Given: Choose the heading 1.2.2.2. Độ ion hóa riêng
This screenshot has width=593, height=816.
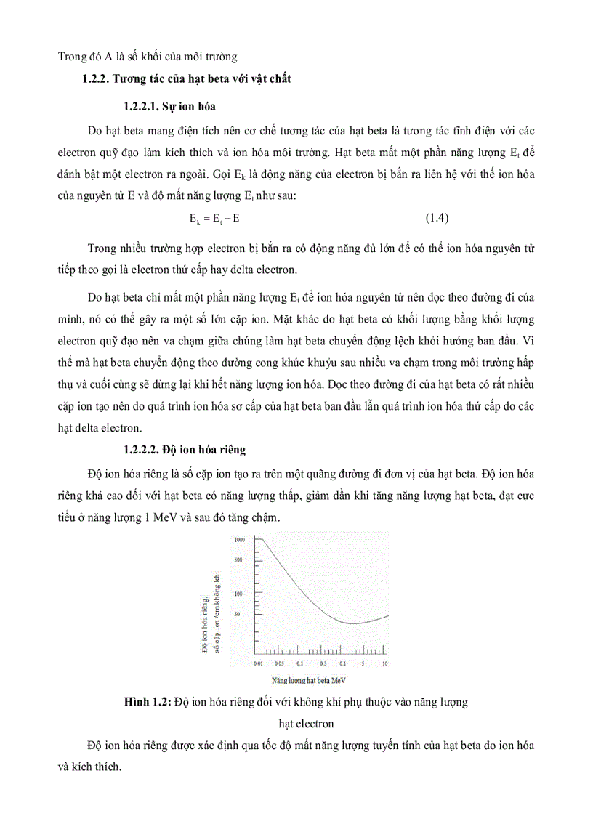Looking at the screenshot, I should click(185, 450).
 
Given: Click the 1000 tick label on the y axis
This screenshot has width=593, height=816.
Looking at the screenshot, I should click(241, 540).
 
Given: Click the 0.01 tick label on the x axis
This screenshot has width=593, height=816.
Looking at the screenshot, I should click(257, 663).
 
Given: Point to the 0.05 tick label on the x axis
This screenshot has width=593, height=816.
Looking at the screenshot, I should click(279, 663).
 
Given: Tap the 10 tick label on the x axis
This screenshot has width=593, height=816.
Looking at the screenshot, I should click(384, 663).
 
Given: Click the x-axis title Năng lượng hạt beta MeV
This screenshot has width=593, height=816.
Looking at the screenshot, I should click(309, 682).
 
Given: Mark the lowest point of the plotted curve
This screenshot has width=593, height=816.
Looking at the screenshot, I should click(352, 623).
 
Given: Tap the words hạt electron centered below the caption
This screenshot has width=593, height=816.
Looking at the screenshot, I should click(307, 723).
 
